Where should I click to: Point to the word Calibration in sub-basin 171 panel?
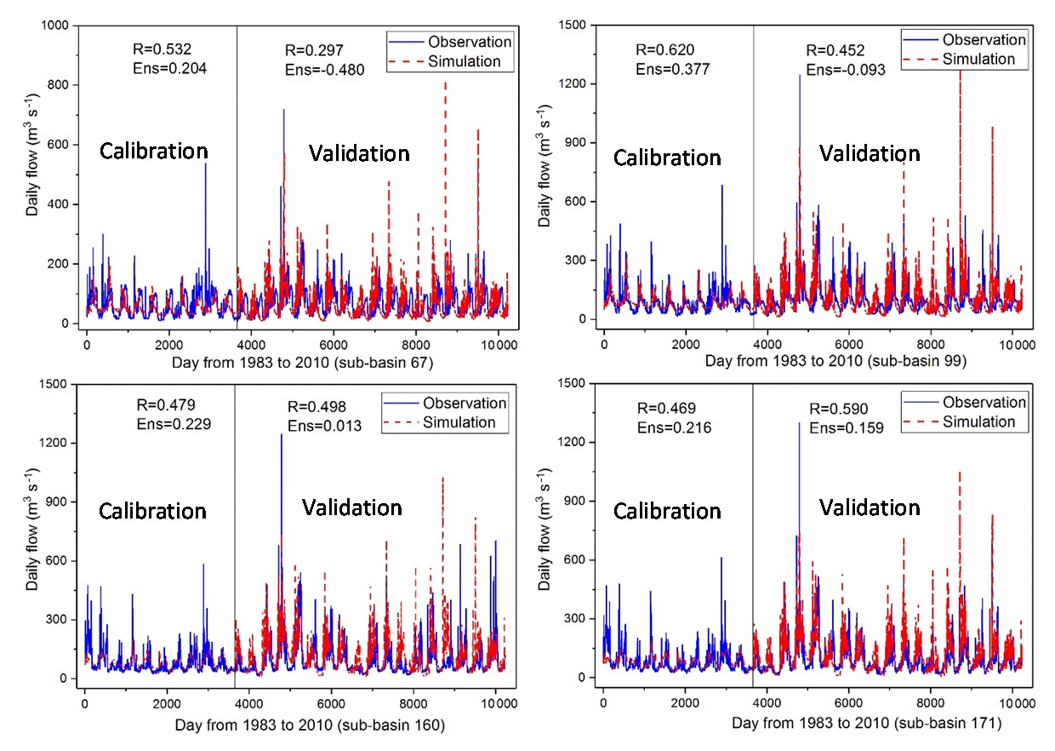point(667,511)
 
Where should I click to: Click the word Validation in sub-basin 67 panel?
point(359,153)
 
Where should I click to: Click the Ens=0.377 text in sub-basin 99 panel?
point(671,69)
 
